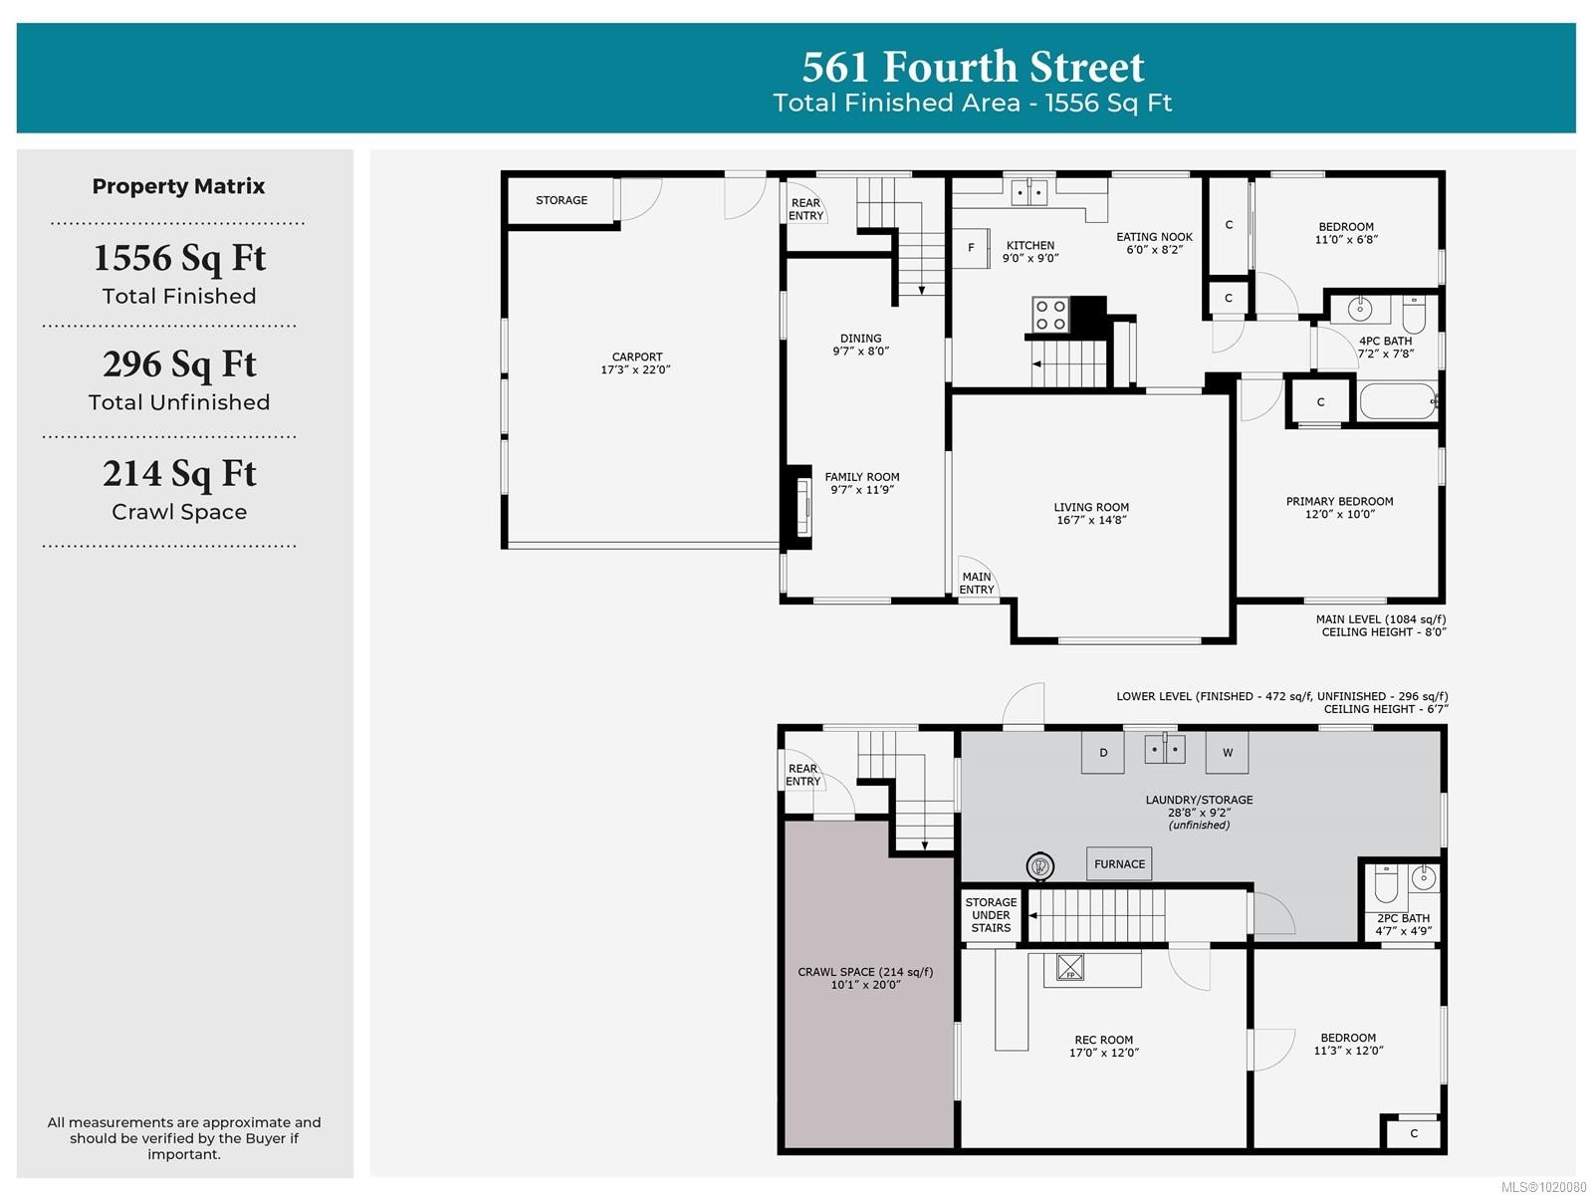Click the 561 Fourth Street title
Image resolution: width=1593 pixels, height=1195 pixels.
973,67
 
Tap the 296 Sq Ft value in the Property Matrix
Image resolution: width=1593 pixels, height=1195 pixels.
179,364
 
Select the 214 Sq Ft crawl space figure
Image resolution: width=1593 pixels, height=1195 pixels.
179,474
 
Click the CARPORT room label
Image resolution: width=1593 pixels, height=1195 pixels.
637,357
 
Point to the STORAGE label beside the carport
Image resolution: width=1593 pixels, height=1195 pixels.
562,200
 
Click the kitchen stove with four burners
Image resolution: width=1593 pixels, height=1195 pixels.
1050,315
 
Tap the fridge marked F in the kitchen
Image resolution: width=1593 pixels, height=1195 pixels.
972,247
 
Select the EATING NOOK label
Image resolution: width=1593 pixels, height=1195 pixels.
1154,237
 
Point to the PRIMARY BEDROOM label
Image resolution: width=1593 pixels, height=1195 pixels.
1339,501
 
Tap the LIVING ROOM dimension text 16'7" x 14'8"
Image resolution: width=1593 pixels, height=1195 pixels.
1091,520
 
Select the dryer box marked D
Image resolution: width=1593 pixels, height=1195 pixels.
1103,753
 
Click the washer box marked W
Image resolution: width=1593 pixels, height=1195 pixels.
1228,753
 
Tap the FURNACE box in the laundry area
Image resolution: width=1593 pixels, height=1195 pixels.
1119,864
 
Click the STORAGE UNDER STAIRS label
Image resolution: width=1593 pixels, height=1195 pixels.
991,915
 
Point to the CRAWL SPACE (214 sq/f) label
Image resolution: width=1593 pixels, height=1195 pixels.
865,972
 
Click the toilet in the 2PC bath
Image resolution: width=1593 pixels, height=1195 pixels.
1386,882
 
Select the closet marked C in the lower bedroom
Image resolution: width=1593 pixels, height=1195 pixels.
1414,1133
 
